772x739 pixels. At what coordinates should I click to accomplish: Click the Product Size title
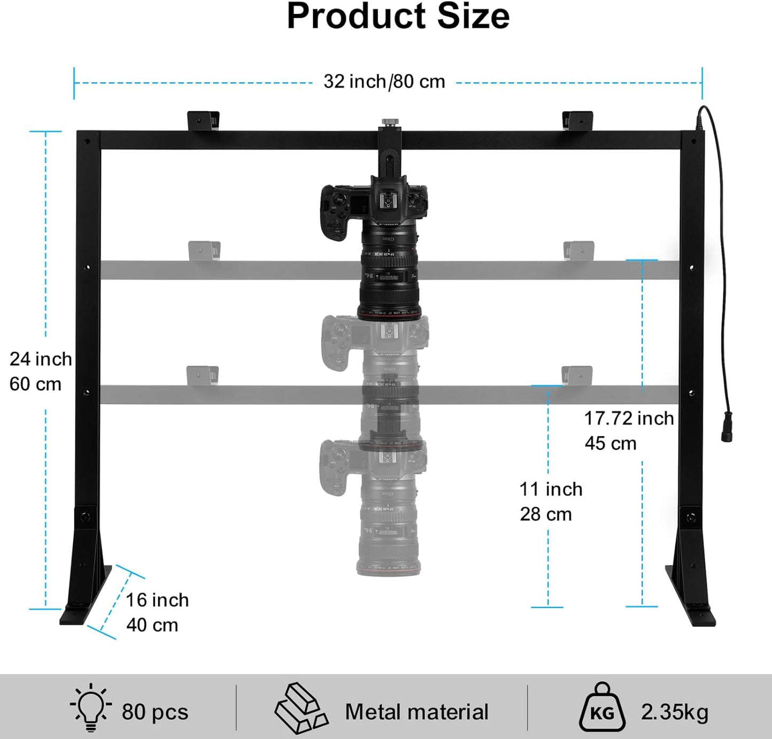click(x=398, y=17)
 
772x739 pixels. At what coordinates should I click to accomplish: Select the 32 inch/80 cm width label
click(x=384, y=82)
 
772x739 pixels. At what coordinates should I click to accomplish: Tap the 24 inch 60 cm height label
click(x=40, y=372)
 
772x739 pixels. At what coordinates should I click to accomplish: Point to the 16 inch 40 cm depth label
click(x=157, y=612)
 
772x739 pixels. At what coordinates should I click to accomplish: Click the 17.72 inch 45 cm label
click(x=628, y=430)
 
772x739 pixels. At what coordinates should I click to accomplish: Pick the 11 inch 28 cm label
click(x=550, y=501)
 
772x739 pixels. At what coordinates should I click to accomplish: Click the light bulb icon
click(x=91, y=707)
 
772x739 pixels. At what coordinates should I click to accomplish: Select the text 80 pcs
click(x=155, y=712)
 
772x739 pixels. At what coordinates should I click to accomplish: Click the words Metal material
click(x=417, y=712)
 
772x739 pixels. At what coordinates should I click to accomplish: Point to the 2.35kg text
click(x=674, y=712)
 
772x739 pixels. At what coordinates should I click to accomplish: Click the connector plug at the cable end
click(x=727, y=427)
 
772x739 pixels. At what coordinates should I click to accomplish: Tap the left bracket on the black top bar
click(x=203, y=120)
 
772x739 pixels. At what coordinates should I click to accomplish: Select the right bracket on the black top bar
click(x=578, y=120)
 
